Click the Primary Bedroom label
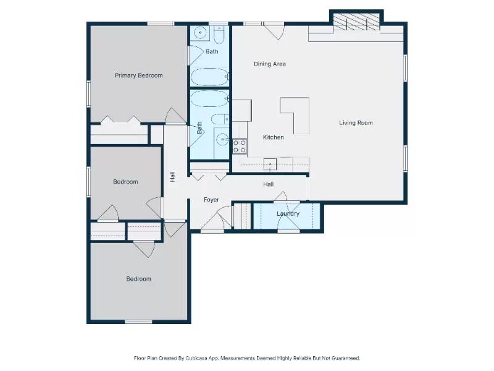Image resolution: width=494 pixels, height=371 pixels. tap(139, 75)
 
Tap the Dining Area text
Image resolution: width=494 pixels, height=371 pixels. tap(270, 64)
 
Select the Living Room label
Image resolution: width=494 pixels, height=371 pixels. tap(356, 122)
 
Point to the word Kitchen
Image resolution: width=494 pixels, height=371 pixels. tap(274, 137)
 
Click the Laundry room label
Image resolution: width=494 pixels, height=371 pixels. tap(288, 214)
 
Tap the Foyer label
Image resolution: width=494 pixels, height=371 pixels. tap(212, 200)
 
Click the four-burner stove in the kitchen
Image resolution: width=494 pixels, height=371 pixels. tap(240, 147)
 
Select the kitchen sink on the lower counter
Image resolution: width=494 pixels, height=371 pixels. tap(270, 164)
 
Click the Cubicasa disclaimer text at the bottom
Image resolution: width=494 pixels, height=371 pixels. tap(247, 358)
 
